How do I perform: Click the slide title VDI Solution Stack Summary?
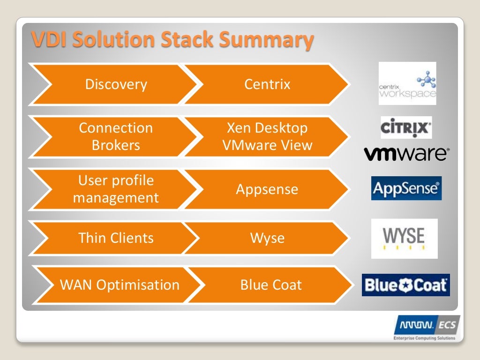point(172,40)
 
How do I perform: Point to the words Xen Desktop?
point(267,128)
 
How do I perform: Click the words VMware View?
point(267,145)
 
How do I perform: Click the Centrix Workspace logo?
point(407,83)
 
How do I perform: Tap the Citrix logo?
point(406,127)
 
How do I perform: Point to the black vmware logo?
point(406,154)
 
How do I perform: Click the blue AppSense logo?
point(406,188)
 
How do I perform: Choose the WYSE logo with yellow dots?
point(404,238)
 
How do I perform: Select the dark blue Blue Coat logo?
point(405,285)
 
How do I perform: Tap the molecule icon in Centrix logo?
point(427,79)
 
